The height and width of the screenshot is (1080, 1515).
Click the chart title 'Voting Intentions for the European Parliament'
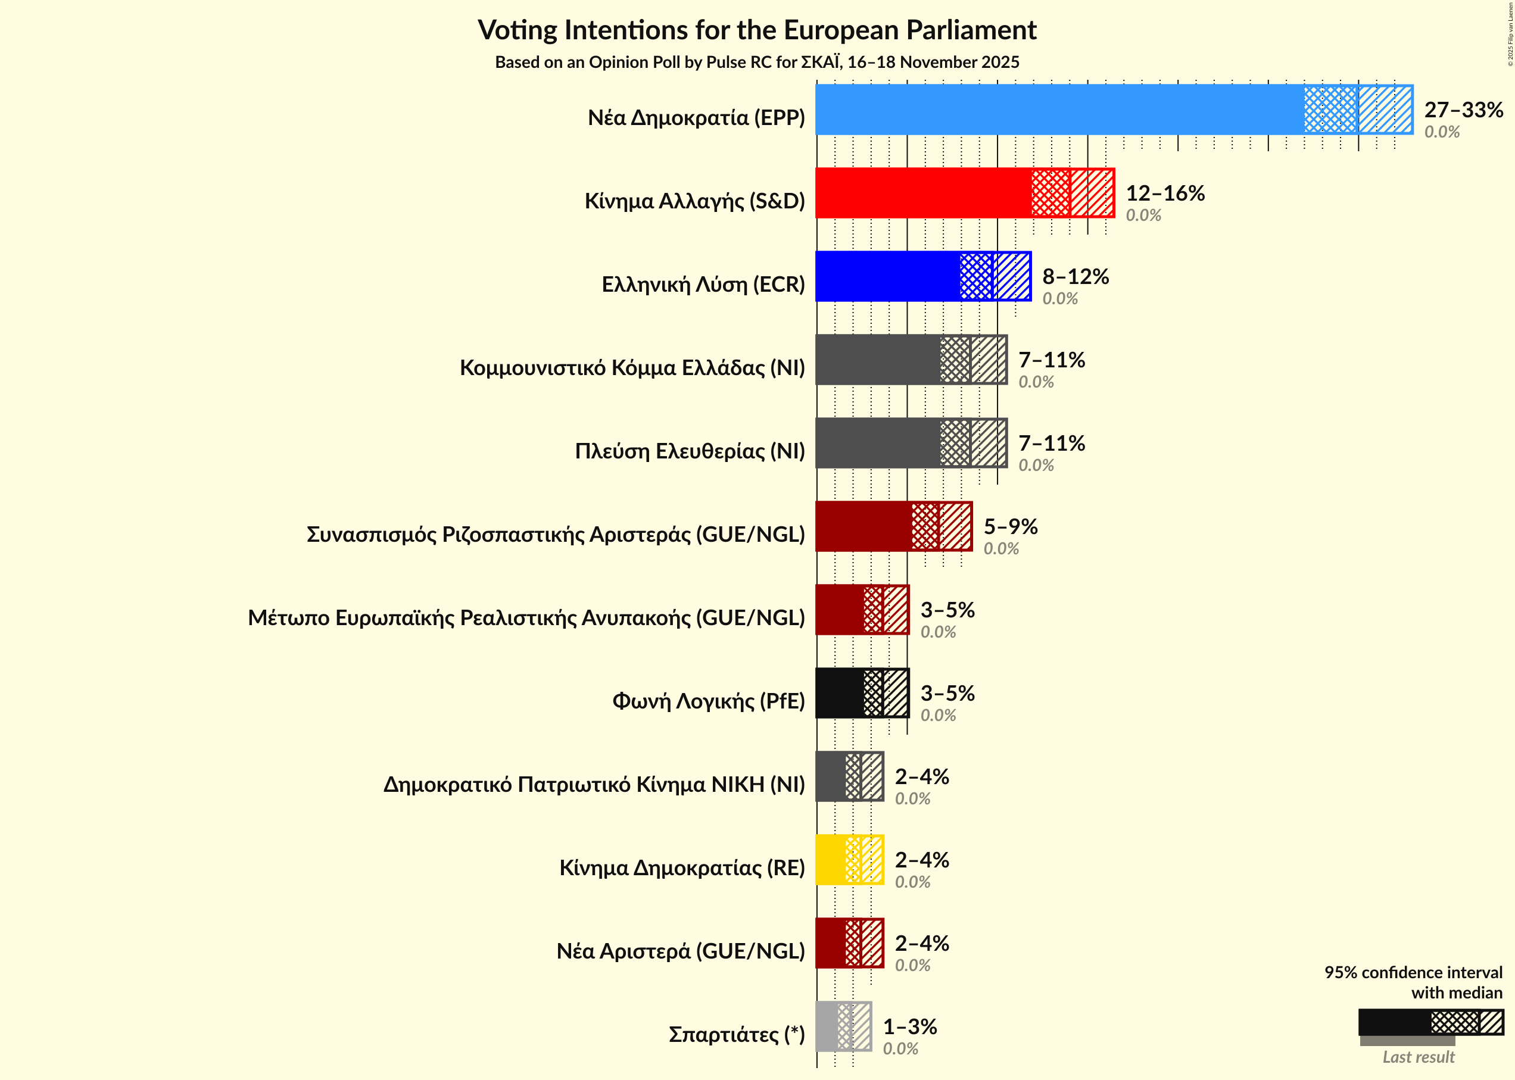tap(757, 30)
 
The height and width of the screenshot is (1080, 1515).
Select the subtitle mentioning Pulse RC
tap(757, 62)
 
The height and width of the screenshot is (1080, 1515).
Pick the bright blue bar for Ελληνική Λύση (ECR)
tap(888, 276)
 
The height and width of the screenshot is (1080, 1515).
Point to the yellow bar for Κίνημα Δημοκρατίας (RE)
tap(831, 859)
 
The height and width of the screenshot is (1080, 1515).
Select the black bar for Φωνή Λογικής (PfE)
tap(840, 693)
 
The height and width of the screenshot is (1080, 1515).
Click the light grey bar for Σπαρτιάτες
tap(827, 1026)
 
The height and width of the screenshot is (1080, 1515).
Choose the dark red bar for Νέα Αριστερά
tap(831, 943)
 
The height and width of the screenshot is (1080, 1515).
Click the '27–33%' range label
tap(1463, 110)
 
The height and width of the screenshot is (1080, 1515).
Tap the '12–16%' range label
tap(1164, 193)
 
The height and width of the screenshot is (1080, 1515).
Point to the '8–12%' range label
tap(1075, 276)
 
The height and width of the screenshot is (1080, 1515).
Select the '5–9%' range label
tap(1010, 526)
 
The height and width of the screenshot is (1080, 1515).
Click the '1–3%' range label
tap(909, 1026)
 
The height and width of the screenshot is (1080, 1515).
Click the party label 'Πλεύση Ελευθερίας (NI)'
tap(690, 451)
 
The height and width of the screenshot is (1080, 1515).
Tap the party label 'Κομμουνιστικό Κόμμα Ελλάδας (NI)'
tap(632, 368)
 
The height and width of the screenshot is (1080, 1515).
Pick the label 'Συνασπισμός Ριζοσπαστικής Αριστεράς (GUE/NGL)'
tap(556, 534)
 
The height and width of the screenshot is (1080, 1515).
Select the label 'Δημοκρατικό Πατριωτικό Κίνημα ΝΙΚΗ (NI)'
tap(594, 784)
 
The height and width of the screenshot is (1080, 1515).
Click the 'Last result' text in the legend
tap(1418, 1057)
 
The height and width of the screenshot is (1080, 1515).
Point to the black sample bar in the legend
tap(1394, 1022)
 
